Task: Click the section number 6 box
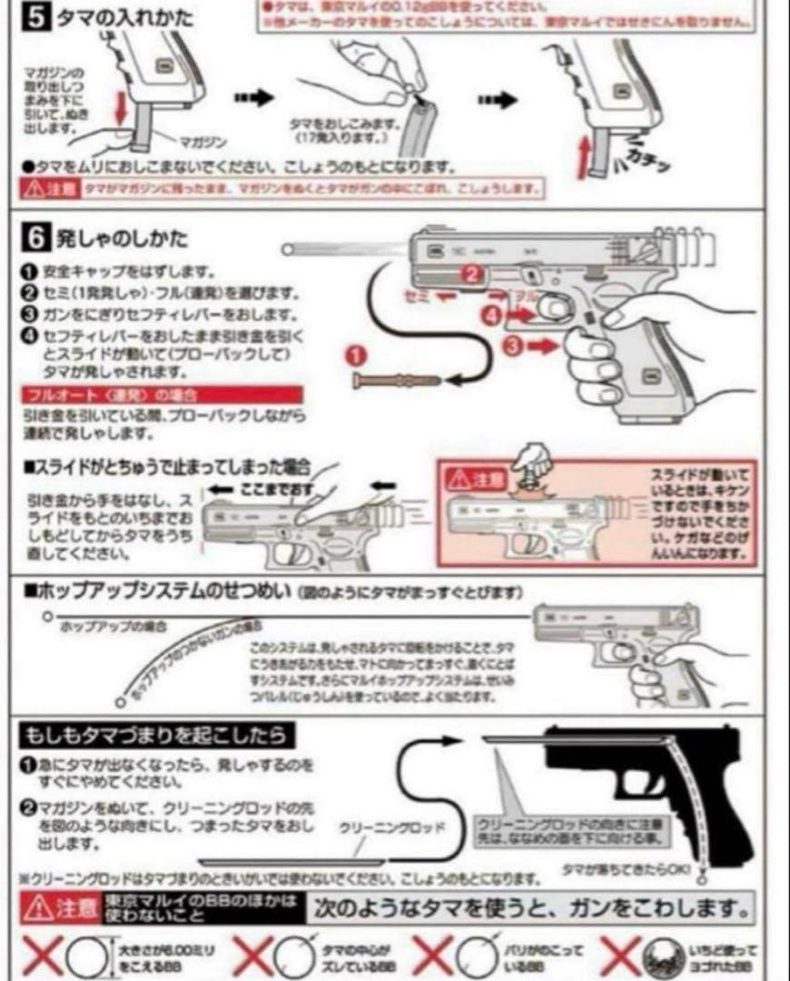coord(35,239)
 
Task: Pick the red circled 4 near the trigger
coord(490,315)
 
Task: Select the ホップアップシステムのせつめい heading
coord(158,591)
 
